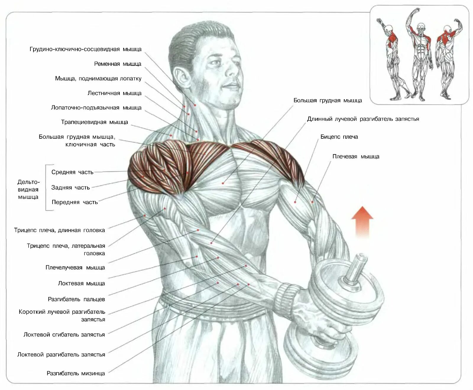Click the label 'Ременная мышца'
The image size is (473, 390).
click(x=117, y=64)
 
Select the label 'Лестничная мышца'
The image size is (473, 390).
click(x=114, y=93)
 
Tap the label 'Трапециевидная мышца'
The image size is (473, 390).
click(x=94, y=122)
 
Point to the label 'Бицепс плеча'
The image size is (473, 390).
click(x=339, y=137)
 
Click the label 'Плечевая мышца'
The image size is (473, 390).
click(x=356, y=156)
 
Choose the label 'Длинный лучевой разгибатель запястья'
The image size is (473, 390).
click(x=363, y=119)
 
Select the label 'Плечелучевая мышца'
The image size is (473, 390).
click(x=75, y=268)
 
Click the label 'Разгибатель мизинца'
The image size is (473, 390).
click(x=76, y=373)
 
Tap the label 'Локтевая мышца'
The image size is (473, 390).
click(x=81, y=283)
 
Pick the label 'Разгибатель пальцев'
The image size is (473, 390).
click(x=76, y=299)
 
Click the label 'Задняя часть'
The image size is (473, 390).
click(x=70, y=187)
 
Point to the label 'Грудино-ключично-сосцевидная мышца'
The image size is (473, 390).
click(x=85, y=49)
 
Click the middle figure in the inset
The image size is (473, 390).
click(x=420, y=56)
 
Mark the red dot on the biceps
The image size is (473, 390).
click(x=295, y=202)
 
